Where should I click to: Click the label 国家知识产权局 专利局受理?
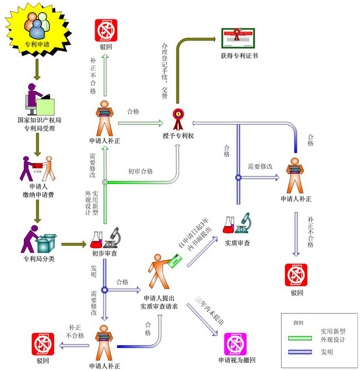click(x=36, y=125)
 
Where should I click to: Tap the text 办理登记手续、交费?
click(x=164, y=71)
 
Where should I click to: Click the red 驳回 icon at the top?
click(x=106, y=29)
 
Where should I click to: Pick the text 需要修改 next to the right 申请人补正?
click(x=260, y=166)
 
